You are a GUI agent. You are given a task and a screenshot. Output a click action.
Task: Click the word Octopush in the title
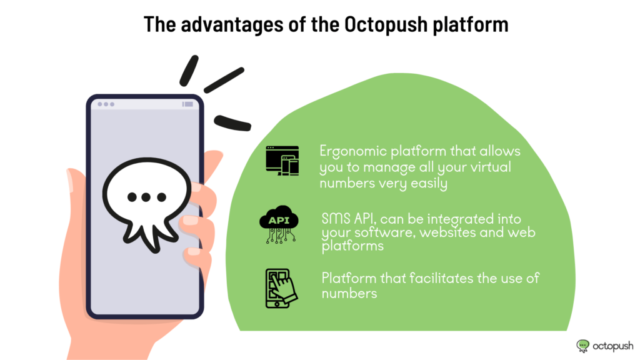tap(386, 24)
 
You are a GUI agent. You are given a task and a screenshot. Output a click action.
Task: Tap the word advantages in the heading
tap(232, 25)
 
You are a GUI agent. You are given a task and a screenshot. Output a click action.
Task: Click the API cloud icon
tap(279, 224)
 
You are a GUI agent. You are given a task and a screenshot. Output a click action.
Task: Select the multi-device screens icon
tap(282, 161)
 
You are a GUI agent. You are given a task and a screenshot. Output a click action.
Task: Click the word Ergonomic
tap(353, 152)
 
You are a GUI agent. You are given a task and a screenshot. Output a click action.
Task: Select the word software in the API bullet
tap(384, 232)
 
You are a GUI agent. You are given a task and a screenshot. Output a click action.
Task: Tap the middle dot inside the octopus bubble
tap(146, 197)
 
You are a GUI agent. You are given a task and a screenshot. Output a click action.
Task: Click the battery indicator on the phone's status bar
tap(187, 104)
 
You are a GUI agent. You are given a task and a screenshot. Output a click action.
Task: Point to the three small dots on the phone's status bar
tap(106, 104)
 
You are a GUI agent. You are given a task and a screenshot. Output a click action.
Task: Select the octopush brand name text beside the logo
tap(613, 346)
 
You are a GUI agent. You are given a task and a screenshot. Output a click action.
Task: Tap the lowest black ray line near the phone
tap(232, 123)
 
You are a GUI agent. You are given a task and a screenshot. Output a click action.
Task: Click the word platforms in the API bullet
tap(352, 246)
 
